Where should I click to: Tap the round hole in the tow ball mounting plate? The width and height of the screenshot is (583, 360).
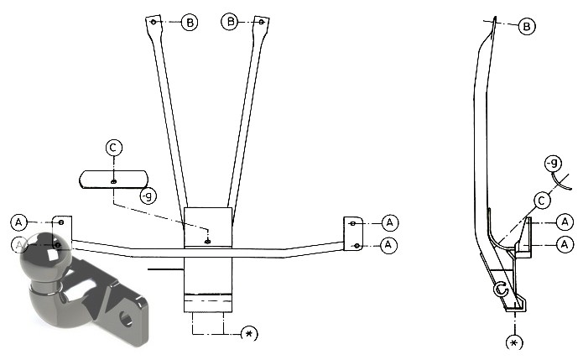(x=126, y=318)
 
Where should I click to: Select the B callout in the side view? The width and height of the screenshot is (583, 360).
(x=527, y=27)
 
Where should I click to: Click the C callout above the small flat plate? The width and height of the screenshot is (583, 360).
(x=114, y=148)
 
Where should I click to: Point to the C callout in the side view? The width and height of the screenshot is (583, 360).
(x=542, y=201)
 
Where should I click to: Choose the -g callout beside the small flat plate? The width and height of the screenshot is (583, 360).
(x=148, y=196)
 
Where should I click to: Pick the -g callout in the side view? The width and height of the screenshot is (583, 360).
(x=553, y=164)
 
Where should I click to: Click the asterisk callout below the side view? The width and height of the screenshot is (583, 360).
(x=514, y=342)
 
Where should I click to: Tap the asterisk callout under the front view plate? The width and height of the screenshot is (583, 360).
(x=249, y=334)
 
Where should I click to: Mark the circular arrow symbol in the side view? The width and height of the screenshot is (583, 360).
(x=501, y=289)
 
